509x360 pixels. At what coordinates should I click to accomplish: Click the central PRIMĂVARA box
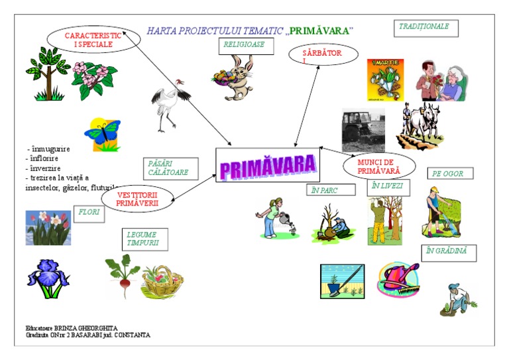point(267,165)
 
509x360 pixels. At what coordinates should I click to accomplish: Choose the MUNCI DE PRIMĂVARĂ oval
point(379,166)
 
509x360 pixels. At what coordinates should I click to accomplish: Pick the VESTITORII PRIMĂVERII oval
point(137,200)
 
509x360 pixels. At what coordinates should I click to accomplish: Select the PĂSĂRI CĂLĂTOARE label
point(170,168)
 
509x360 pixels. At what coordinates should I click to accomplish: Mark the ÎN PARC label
point(324,190)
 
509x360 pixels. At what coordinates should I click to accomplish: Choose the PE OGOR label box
point(451,174)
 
